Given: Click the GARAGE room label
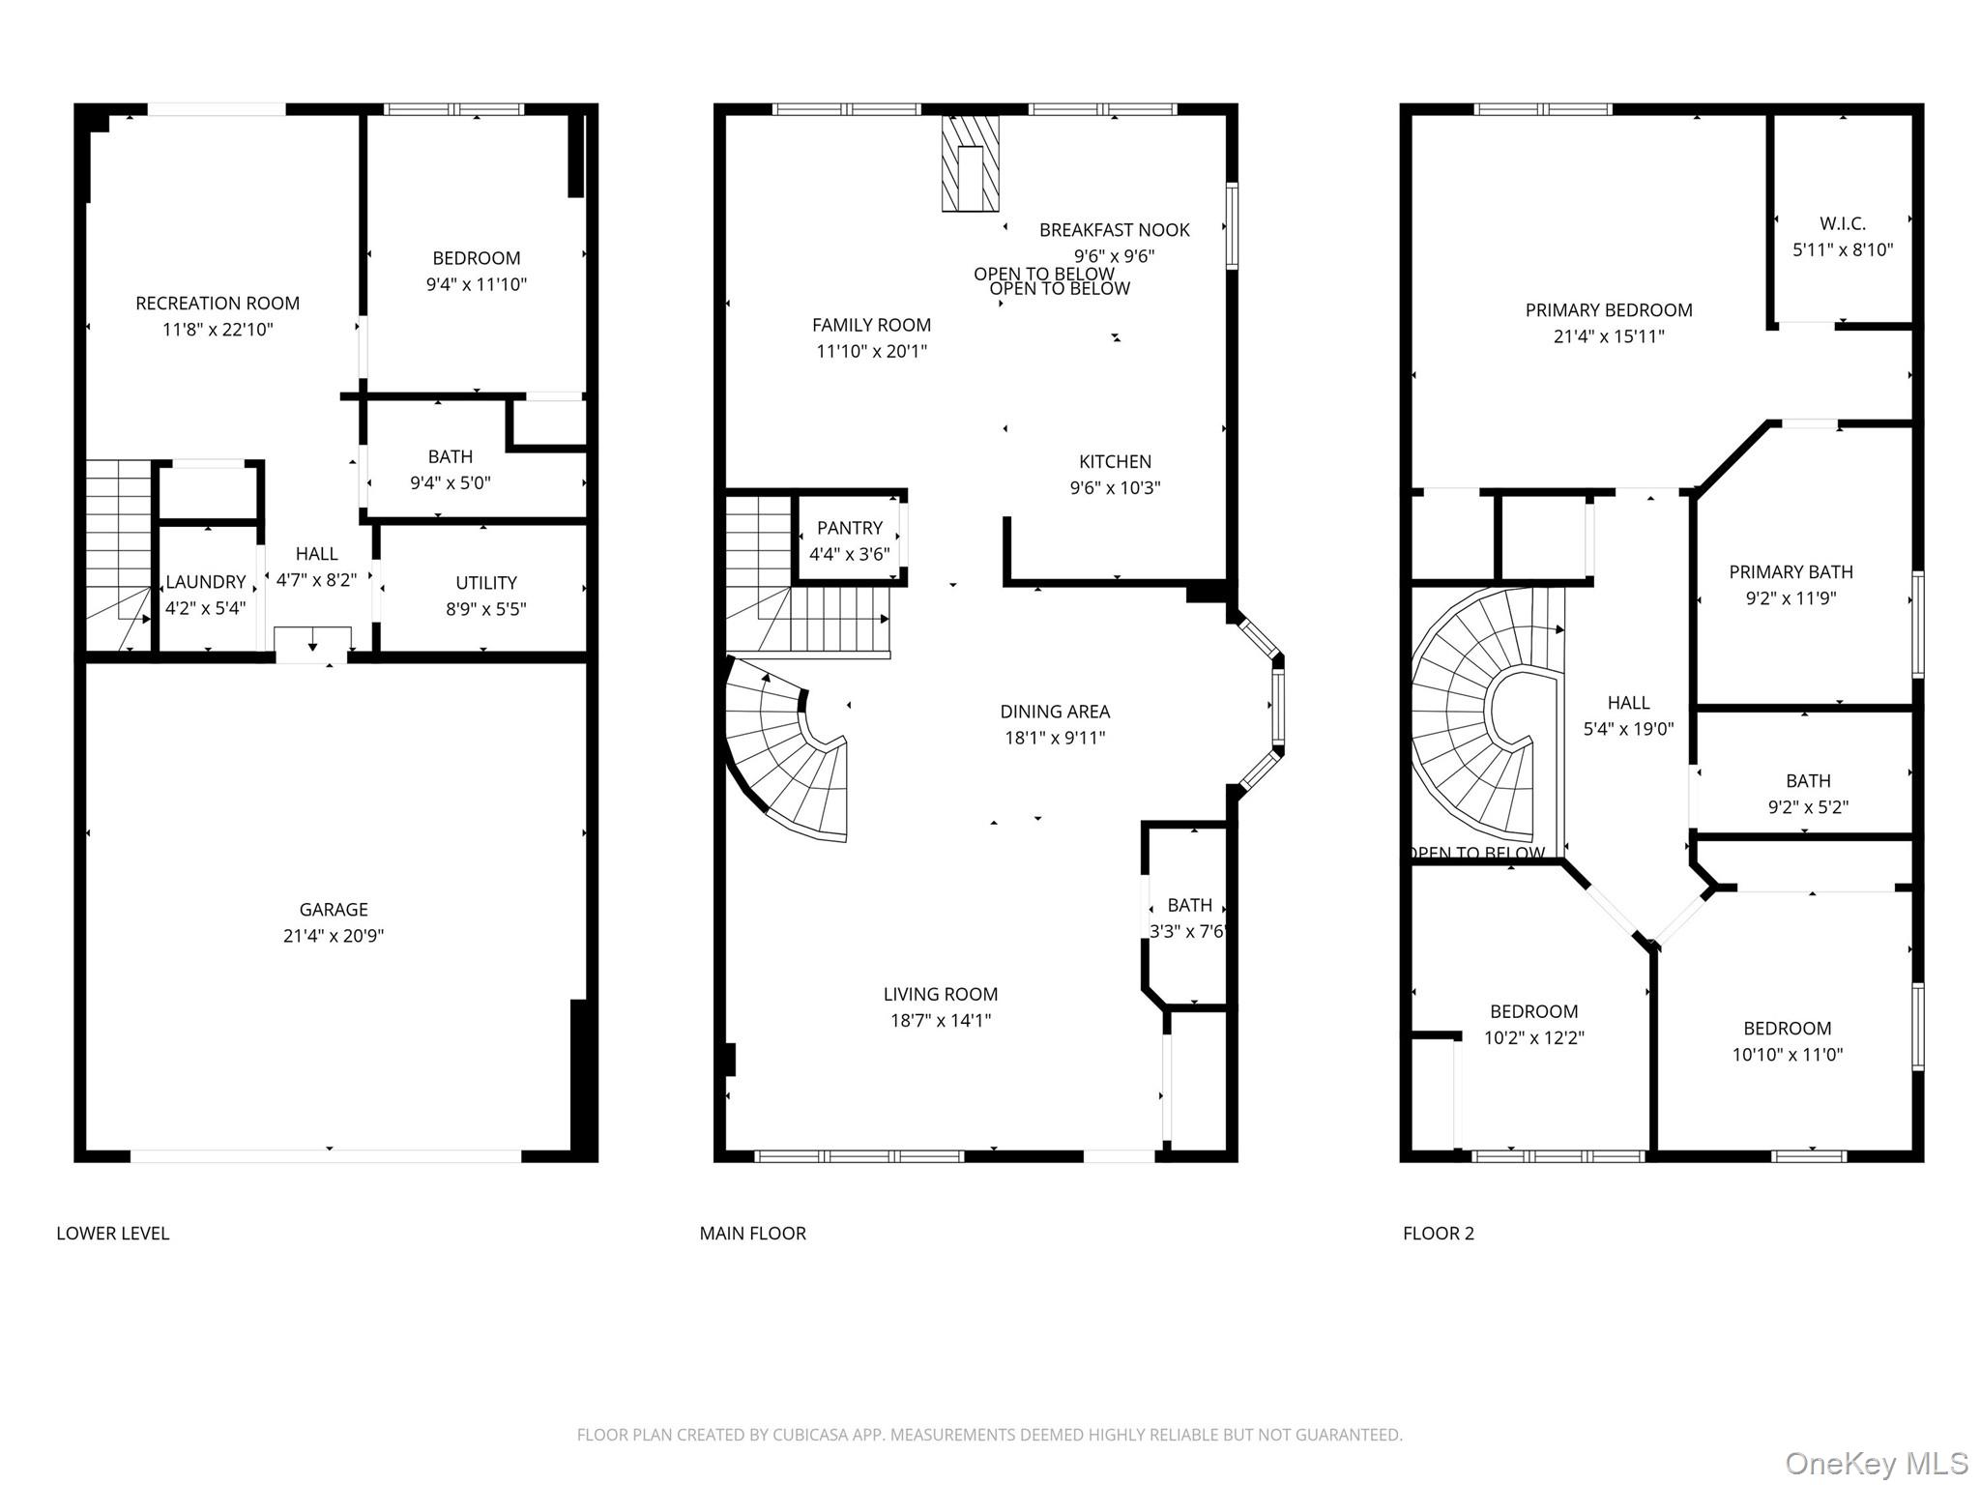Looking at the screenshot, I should [333, 909].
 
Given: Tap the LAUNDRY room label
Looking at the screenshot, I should [205, 582].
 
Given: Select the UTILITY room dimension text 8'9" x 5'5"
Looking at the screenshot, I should [485, 609].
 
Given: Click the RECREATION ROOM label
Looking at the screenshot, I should [218, 304].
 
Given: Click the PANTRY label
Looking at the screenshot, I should [849, 528].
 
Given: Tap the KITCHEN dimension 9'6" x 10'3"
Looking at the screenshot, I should [1115, 488].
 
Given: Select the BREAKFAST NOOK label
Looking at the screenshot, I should [1114, 230].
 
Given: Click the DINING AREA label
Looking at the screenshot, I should [1055, 712].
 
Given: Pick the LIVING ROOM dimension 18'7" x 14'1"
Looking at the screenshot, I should [941, 1020].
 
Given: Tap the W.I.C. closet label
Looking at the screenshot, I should [1843, 223].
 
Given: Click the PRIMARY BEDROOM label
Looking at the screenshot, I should [1609, 310].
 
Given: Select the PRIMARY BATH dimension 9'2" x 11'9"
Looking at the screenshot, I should [1791, 598].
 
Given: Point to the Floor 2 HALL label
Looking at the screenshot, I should [1628, 703].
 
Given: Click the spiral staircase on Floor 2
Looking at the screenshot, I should [1479, 715].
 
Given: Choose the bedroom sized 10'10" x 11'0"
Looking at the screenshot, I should [1787, 1042].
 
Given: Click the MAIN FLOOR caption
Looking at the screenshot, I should [752, 1234].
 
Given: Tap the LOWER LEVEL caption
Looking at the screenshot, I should [112, 1234].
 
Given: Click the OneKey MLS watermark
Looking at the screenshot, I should [1876, 1463].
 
